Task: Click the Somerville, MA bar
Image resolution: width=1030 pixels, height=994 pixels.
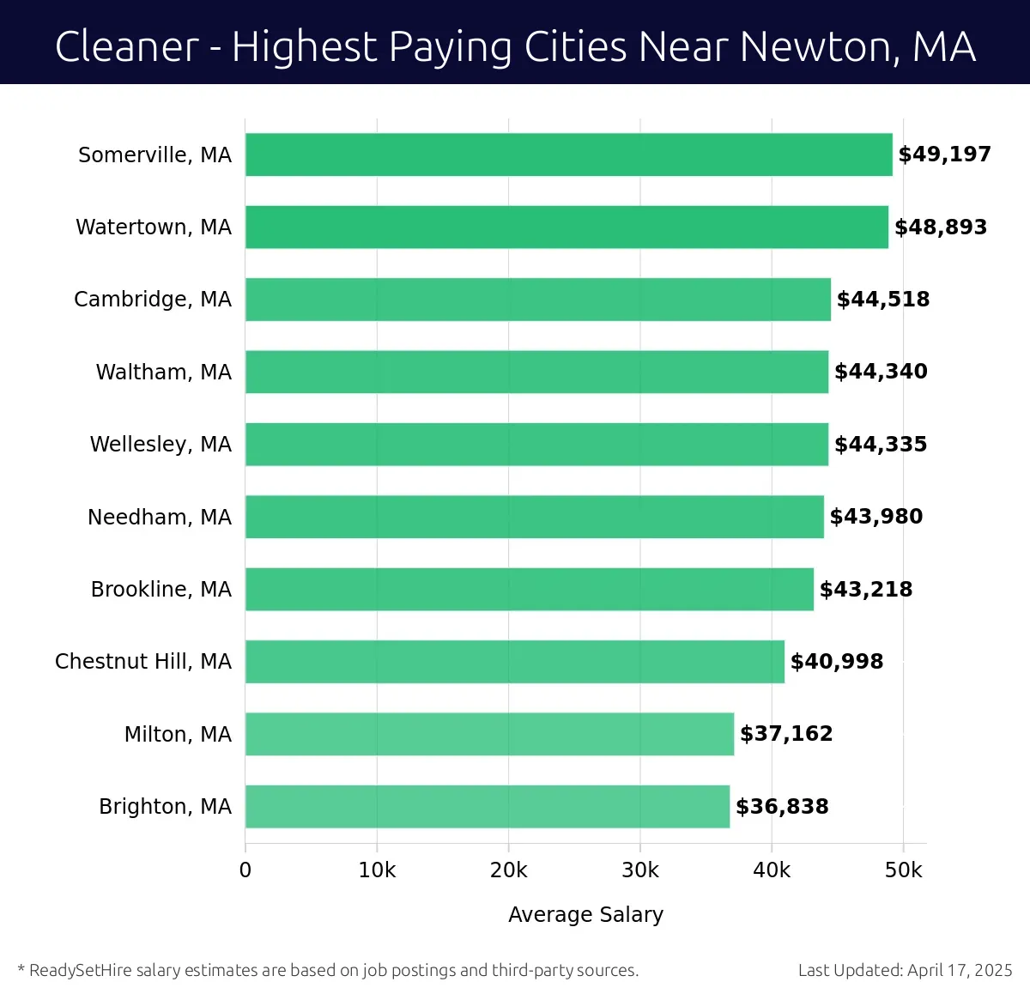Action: pos(568,155)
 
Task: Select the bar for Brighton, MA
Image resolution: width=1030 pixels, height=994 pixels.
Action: pos(487,806)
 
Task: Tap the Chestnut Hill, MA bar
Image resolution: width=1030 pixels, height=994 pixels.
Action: pos(514,661)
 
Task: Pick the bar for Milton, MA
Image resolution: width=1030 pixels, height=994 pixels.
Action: pos(489,734)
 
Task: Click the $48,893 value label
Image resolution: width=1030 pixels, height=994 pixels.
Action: pos(941,227)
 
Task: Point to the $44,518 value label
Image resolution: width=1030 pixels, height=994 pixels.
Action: pos(883,300)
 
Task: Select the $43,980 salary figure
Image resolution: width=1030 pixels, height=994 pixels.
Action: pos(876,517)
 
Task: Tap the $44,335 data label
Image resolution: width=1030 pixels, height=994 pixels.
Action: pos(881,445)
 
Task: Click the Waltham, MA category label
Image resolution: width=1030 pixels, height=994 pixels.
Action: pos(163,372)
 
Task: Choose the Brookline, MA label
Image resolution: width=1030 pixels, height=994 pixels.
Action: pos(161,589)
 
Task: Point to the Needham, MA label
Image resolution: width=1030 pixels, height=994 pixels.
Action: pos(159,517)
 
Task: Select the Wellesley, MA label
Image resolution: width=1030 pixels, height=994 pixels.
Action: pos(161,444)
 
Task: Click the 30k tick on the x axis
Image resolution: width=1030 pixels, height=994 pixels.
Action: pos(639,870)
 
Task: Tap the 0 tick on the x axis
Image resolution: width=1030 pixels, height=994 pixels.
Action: pos(245,870)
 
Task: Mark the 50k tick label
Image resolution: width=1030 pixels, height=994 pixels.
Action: pos(903,870)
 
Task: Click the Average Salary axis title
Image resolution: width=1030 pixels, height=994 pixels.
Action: pos(585,914)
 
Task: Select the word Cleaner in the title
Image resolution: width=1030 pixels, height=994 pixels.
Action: pos(127,46)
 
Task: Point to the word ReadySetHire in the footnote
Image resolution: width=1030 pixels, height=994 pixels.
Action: pos(81,970)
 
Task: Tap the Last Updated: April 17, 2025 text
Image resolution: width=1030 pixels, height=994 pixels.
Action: pos(905,970)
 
